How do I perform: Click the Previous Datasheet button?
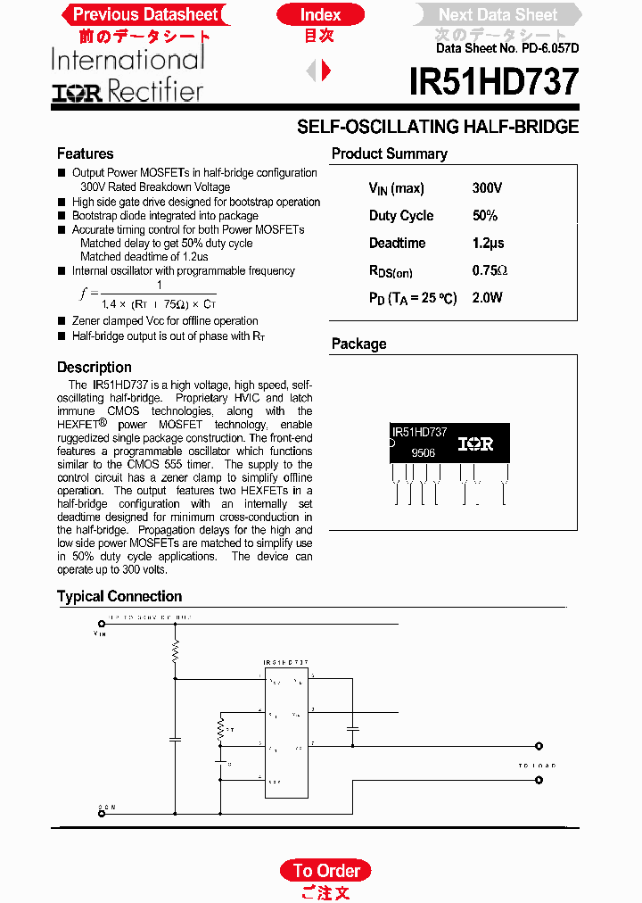coord(144,14)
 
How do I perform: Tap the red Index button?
coord(320,14)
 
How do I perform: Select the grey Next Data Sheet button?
coord(498,14)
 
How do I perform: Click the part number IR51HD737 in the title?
coord(494,83)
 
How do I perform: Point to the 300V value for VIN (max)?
coord(487,188)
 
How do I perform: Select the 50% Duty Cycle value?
coord(485,215)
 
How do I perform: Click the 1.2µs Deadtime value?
coord(488,243)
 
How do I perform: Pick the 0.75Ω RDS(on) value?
coord(490,270)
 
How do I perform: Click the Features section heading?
coord(85,153)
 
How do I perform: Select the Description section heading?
coord(94,367)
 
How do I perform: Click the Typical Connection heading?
coord(119,596)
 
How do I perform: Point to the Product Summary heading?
coord(389,153)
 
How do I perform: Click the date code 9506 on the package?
coord(424,452)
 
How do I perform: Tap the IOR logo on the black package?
coord(475,443)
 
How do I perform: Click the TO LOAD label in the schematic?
coord(537,766)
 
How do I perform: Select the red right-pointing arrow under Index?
coord(326,70)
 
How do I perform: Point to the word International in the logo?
coord(128,60)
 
